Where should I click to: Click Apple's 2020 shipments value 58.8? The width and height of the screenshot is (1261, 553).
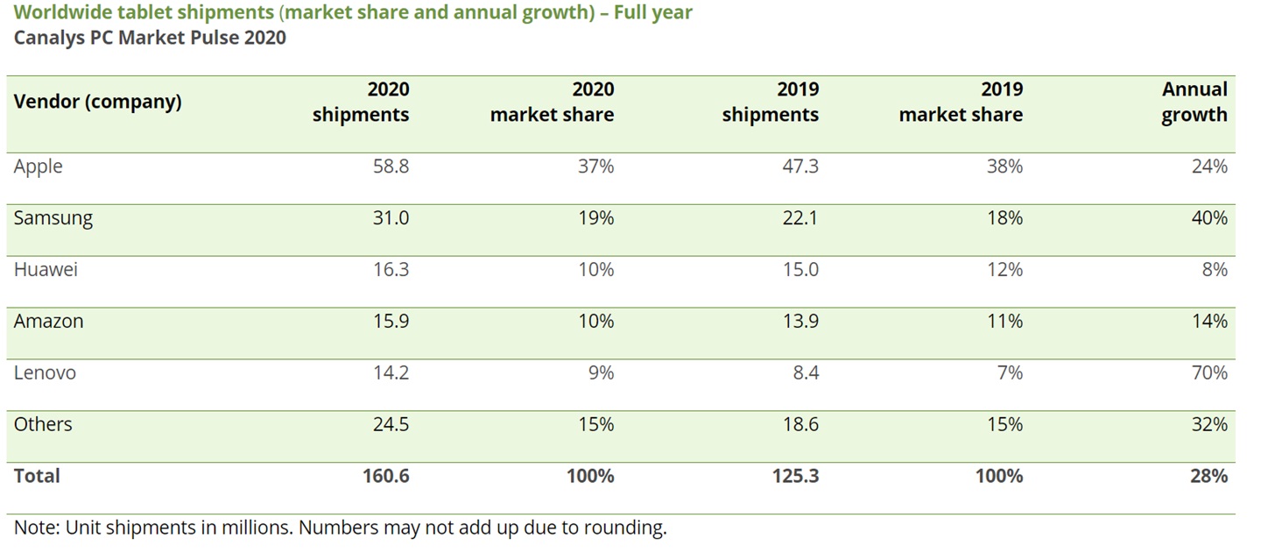pos(391,167)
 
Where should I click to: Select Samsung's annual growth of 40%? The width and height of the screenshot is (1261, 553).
pos(1209,218)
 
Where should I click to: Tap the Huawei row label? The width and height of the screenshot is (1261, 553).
pos(46,270)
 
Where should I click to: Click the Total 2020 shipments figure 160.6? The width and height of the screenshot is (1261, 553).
pos(385,476)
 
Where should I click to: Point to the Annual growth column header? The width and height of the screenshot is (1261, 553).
pos(1194,102)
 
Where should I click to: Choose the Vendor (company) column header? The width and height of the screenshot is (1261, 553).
pos(97,102)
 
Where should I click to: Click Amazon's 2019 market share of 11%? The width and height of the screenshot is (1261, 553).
pos(1004,322)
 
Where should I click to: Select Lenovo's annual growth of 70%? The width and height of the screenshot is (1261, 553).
pos(1209,373)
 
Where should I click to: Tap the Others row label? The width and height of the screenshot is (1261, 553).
pos(43,425)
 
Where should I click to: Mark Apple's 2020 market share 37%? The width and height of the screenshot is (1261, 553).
pos(595,167)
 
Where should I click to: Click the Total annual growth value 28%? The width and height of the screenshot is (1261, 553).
pos(1208,476)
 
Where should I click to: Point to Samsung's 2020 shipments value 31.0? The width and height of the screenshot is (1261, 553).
pos(391,218)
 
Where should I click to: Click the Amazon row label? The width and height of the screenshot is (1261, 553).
pos(48,322)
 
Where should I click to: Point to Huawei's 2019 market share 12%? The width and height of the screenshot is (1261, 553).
pos(1004,270)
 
